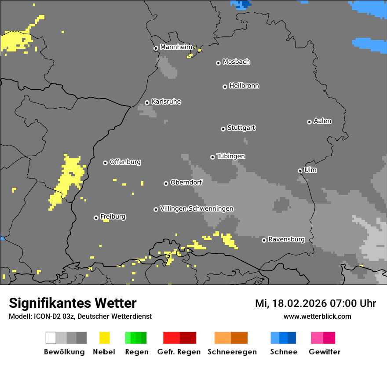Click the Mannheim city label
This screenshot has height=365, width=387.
pos(176,47)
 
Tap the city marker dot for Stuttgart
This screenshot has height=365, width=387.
pos(223,129)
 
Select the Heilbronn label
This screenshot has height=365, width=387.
pos(244,86)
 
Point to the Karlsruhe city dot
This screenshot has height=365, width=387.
pos(147,103)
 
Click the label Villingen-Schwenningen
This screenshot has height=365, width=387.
pos(197,208)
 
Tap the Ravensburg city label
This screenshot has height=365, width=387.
pos(286,239)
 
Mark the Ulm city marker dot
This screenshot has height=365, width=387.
pos(300,171)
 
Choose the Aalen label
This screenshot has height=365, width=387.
pos(322,121)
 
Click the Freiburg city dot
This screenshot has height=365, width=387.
pos(96,218)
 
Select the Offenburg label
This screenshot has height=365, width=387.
pos(125,162)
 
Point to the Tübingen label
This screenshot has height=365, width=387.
pos(231,156)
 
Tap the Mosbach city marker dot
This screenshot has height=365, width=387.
pos(218,63)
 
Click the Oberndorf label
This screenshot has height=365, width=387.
pos(186,182)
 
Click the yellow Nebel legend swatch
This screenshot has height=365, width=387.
pos(104,338)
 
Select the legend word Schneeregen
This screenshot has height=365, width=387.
pos(232,352)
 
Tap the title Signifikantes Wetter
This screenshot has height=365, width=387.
pos(73,303)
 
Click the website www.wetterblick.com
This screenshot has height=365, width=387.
pos(317,316)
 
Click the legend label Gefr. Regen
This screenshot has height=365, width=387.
pos(179,352)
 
